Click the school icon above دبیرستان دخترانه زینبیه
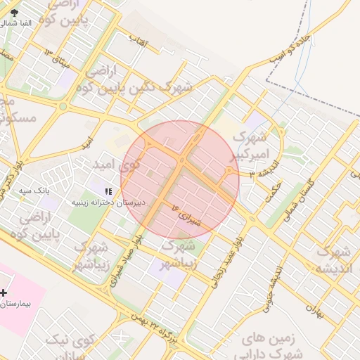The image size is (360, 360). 108,191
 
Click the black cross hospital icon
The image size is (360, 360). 4,292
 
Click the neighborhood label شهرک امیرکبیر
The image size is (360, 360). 250,145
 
